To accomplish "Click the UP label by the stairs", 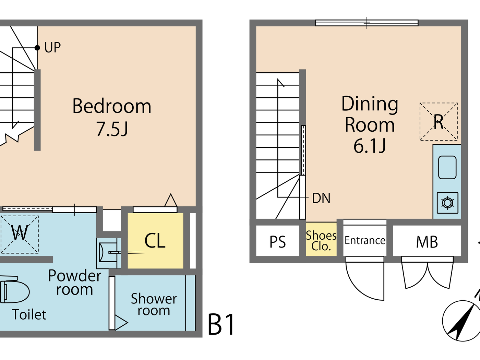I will coord(52,48).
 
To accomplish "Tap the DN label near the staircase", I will coord(321,198).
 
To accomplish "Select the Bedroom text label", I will coord(112,106).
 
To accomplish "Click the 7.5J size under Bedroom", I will coord(112,129).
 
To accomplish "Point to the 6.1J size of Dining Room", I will coord(370,146).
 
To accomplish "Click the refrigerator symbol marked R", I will coord(439,122).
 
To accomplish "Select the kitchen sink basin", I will coord(447,167).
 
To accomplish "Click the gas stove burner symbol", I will coord(447,203).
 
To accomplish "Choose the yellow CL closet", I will coord(155,241).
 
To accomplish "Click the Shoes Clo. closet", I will coord(321,240).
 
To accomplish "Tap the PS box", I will coord(277,242).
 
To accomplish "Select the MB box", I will coord(427,242).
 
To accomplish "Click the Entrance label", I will coord(365,241).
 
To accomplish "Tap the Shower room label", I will coord(154,304).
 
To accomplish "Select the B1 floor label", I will coord(221,325).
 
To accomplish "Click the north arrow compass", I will coord(461,321).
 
